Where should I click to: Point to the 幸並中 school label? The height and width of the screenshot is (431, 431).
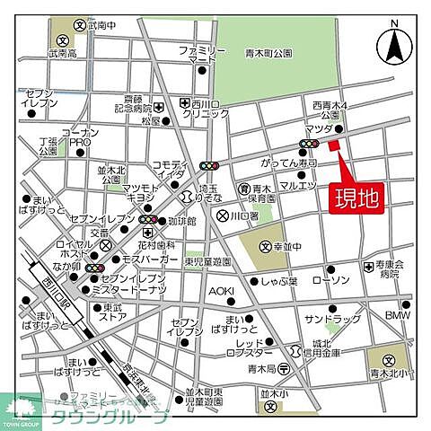point(285,247)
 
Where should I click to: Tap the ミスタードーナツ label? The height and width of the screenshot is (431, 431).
point(134,290)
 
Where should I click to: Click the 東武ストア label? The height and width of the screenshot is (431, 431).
point(112,312)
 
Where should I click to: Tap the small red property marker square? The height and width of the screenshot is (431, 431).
point(332,145)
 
